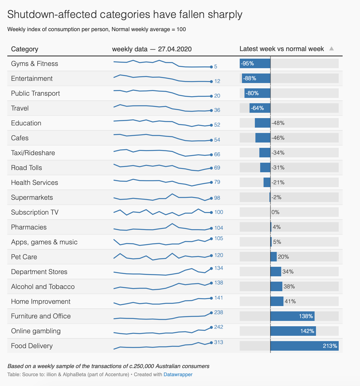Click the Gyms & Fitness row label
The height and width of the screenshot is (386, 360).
[34, 64]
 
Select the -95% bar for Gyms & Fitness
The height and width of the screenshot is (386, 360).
[255, 63]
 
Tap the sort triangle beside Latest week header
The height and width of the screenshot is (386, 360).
[331, 49]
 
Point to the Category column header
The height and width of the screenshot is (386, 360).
[25, 49]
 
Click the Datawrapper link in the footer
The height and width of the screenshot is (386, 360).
[178, 374]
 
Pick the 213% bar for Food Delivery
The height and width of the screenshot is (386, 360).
[304, 346]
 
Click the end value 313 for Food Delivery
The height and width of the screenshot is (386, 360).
[219, 342]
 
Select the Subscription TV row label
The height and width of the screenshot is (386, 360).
[35, 212]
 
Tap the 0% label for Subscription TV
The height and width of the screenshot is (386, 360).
[276, 212]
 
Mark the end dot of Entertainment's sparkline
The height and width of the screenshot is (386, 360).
[211, 82]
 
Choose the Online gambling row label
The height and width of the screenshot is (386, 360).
[36, 331]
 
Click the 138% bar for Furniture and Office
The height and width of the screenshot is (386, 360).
[292, 316]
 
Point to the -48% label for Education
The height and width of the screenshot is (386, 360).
[278, 123]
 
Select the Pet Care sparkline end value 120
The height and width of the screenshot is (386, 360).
[219, 255]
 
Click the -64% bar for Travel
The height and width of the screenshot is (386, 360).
[260, 108]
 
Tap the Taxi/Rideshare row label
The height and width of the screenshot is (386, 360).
[33, 153]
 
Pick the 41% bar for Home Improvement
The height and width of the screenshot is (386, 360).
[277, 301]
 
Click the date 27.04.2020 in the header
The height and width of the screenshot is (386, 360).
[175, 49]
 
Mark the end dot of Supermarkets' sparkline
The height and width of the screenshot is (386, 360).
[211, 198]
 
